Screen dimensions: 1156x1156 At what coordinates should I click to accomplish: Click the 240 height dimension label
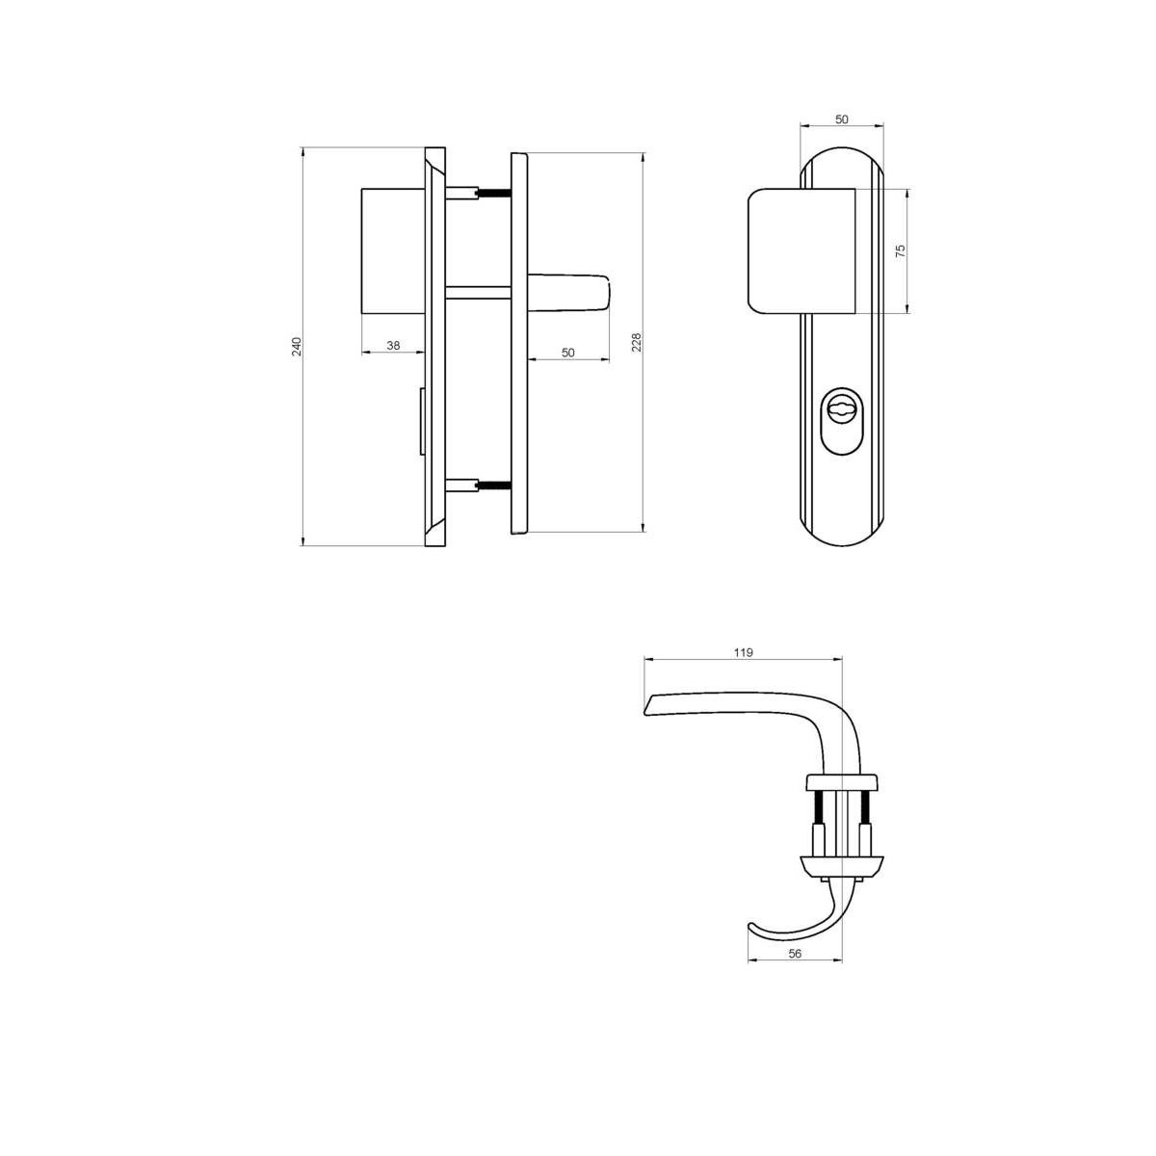click(297, 347)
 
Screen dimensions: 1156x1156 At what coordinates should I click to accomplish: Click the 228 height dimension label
click(637, 343)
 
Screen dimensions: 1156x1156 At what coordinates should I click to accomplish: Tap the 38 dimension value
click(393, 346)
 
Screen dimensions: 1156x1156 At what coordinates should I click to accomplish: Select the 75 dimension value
click(900, 251)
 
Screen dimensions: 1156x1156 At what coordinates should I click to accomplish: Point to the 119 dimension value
click(744, 653)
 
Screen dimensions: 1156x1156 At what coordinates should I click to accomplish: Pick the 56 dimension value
click(795, 954)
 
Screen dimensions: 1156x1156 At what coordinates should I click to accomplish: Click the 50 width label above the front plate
click(842, 119)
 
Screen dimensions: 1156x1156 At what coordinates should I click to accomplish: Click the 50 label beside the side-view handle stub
click(567, 353)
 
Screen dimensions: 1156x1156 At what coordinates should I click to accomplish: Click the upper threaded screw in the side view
click(493, 193)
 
